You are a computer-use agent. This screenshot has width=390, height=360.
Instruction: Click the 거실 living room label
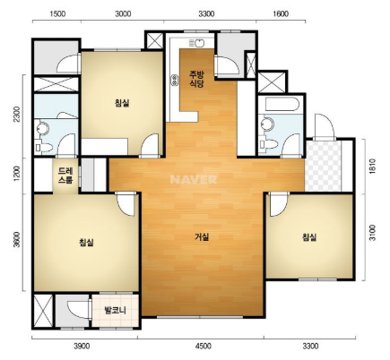coord(202,237)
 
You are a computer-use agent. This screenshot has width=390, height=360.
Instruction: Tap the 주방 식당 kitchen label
coord(197,79)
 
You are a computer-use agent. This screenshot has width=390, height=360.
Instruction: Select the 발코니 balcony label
coord(115,311)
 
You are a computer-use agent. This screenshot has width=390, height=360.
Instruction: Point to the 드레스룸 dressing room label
coord(65,175)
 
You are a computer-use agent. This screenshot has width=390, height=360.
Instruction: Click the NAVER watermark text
coord(194,179)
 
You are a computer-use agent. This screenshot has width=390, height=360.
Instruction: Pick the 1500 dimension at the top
coord(57,13)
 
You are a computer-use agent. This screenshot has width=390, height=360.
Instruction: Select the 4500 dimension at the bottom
coord(203,346)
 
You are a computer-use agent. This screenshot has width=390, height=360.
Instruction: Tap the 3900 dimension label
coord(82,346)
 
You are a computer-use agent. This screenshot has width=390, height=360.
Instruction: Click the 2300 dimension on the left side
coord(18,114)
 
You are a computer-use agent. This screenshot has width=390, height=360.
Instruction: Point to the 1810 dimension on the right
coord(372,166)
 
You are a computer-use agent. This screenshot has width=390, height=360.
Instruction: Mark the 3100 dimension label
coord(372,233)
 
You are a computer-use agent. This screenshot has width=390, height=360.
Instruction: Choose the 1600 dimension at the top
coord(281,13)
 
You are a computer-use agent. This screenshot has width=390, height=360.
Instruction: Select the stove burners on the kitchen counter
coord(174,80)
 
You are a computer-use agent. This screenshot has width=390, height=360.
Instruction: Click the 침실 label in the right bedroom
coord(309,237)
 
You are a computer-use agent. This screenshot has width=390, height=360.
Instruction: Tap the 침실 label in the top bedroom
coord(122,103)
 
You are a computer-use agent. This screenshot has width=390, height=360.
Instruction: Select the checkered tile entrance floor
coord(323,166)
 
